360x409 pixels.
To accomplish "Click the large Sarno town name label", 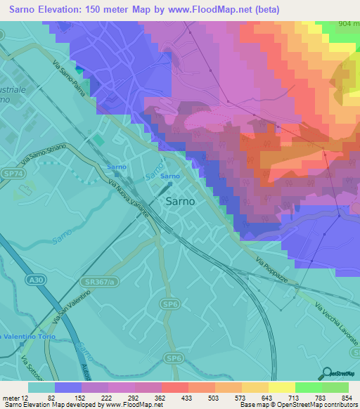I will [180, 200].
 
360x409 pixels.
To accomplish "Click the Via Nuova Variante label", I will [128, 199].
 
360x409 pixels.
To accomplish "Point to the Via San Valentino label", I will [67, 315].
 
